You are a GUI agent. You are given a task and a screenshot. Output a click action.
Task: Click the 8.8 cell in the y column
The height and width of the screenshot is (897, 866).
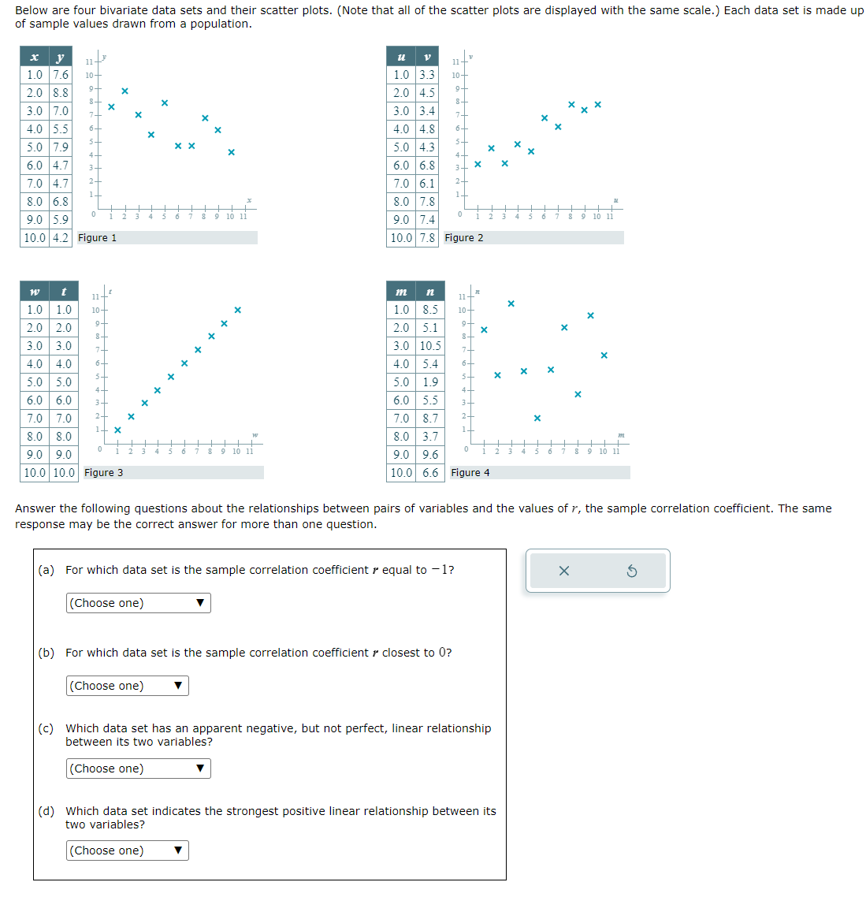[x=60, y=93]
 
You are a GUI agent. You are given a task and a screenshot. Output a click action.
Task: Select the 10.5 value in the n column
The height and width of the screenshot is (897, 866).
[x=430, y=346]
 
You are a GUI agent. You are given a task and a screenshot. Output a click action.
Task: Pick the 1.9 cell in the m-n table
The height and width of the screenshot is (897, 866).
[x=430, y=382]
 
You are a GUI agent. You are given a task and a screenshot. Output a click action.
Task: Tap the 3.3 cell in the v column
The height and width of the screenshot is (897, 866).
[x=426, y=75]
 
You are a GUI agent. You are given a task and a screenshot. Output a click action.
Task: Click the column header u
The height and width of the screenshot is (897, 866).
[x=401, y=57]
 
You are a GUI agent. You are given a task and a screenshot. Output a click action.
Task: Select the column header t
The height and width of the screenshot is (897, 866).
[x=63, y=292]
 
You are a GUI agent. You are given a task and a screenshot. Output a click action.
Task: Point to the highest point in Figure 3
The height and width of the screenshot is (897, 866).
[x=237, y=310]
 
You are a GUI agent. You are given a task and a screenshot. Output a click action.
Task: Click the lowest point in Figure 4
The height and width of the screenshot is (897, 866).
[x=537, y=418]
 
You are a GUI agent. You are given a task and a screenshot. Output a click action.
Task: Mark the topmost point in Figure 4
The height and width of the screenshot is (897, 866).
[x=511, y=303]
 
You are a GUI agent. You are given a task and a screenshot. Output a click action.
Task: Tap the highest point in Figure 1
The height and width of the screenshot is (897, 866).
[x=125, y=91]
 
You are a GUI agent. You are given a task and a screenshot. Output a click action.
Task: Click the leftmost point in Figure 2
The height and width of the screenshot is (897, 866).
[x=478, y=164]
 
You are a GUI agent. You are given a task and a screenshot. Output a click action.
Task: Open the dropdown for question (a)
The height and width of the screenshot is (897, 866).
[x=139, y=603]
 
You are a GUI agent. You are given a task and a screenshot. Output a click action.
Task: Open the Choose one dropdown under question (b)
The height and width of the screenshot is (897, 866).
[x=128, y=686]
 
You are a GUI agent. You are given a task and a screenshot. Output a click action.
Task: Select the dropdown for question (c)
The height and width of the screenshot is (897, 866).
[x=139, y=769]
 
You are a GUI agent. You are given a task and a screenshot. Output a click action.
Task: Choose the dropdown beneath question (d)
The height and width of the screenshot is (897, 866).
[x=128, y=850]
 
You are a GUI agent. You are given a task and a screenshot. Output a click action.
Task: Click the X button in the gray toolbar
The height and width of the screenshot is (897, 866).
[x=563, y=571]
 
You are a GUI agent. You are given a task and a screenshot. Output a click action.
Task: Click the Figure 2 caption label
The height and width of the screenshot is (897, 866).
[x=464, y=238]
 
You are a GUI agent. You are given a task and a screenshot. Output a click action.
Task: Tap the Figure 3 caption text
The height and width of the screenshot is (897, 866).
[x=103, y=473]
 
